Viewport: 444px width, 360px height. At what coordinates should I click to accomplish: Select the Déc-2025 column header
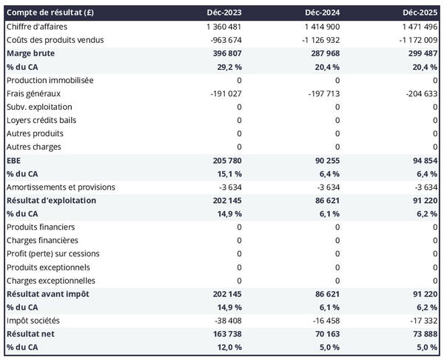421,13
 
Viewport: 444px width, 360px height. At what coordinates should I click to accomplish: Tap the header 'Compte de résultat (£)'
50,13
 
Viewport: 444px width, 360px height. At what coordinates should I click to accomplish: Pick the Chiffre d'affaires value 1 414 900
320,27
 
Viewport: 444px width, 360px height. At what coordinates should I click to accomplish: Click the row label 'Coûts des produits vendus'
55,40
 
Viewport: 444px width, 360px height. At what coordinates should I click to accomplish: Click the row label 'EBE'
14,160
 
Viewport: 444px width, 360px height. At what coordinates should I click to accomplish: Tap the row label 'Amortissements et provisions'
61,187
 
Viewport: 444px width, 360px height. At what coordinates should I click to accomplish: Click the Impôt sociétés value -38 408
225,320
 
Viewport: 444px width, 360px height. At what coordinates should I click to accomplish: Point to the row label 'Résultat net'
31,333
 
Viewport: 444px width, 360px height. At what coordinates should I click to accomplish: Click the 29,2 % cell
226,67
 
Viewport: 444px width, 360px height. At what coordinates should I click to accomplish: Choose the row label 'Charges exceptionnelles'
51,280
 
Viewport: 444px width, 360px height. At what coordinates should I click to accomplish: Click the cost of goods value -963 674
223,40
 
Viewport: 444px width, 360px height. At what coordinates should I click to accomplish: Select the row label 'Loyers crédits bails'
41,120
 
